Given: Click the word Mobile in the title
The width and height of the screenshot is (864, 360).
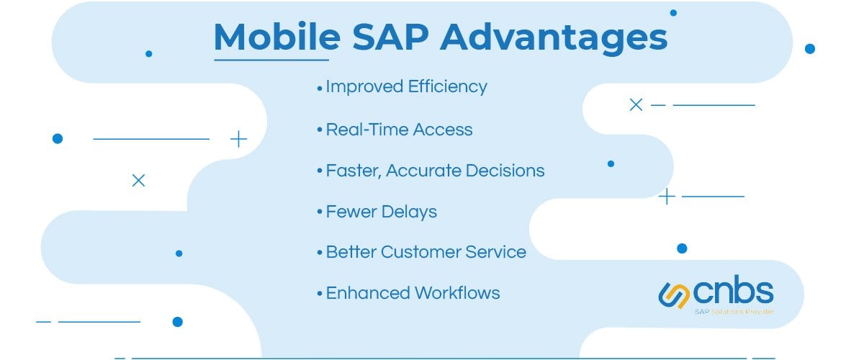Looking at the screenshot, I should pos(271,37).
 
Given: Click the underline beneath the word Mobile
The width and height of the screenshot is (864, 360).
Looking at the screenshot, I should pos(271,59).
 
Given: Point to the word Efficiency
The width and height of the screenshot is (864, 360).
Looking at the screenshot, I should pos(447,87).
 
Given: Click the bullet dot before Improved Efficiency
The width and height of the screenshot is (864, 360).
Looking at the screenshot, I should pos(320,88).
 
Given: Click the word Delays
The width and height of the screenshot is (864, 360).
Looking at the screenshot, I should pos(410,212).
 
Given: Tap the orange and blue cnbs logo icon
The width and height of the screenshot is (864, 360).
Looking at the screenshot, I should pos(674,294).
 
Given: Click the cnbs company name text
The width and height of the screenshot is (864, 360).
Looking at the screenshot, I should pos(734,292).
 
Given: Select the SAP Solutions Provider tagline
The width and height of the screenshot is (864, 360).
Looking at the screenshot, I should pos(734,312).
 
